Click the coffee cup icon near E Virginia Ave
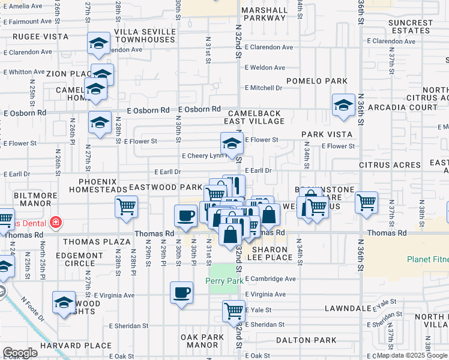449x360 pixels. click(x=181, y=293)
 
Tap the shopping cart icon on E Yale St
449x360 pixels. click(x=234, y=311)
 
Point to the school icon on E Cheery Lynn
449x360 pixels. click(x=231, y=143)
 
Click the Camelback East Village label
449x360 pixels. click(x=254, y=117)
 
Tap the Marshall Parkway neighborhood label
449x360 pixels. click(x=264, y=14)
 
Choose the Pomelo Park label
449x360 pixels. click(x=317, y=80)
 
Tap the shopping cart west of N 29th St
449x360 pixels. click(x=127, y=206)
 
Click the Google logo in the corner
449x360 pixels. click(x=20, y=353)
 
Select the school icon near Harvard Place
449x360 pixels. click(x=64, y=303)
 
